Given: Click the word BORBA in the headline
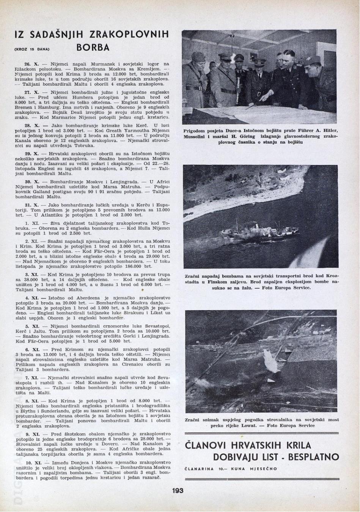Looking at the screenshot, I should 93,47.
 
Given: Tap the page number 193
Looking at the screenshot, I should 177,490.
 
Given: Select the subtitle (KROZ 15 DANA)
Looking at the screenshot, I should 32,49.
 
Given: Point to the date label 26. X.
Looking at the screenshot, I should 32,64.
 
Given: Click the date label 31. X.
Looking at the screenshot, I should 32,205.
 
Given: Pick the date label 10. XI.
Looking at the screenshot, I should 33,463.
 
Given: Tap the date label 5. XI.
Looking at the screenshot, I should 32,326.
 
